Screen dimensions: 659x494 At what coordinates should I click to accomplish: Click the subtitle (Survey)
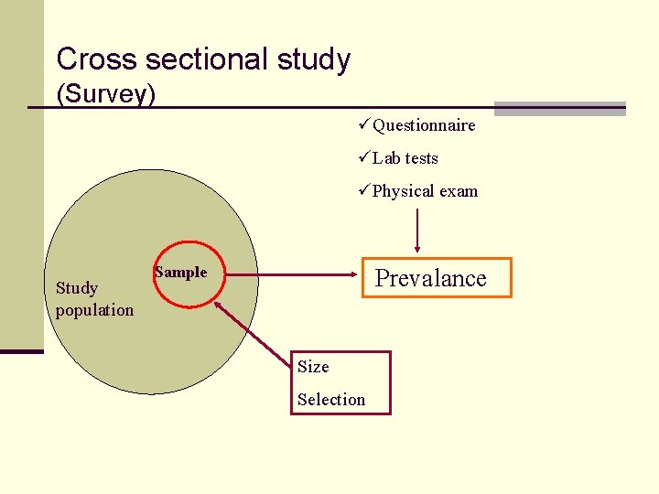click(106, 93)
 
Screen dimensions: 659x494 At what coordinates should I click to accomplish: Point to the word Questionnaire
click(424, 125)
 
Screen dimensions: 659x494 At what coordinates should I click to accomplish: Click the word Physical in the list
click(404, 191)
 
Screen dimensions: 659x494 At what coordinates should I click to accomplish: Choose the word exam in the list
click(459, 191)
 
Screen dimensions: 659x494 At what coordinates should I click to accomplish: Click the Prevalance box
click(432, 278)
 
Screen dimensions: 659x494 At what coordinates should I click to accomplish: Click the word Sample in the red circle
click(181, 272)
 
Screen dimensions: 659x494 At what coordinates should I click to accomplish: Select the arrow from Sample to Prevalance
click(284, 274)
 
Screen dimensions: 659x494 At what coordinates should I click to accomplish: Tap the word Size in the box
click(313, 367)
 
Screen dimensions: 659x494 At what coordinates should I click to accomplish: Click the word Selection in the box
click(331, 400)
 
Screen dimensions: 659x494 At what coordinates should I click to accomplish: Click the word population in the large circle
click(94, 310)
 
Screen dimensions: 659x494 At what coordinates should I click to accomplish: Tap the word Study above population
click(77, 288)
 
